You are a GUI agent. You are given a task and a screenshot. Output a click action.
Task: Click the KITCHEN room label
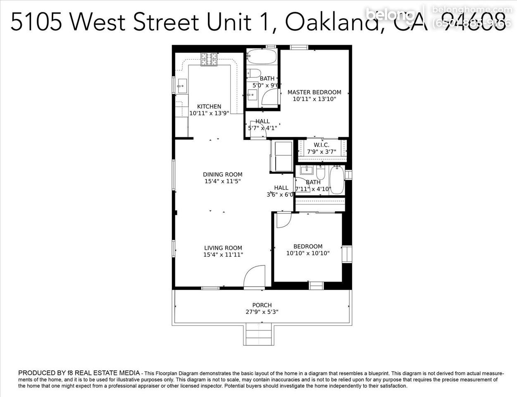coord(209,106)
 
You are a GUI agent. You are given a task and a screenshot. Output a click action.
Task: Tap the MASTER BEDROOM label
coord(314,92)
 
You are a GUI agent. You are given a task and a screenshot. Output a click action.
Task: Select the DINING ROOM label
coord(222,175)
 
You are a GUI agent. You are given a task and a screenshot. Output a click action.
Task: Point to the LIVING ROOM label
coord(223,248)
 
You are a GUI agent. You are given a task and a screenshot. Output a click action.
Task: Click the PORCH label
coord(262,305)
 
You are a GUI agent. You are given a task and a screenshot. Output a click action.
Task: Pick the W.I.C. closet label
coord(321,145)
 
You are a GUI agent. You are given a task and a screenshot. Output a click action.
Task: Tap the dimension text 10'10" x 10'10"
coord(308,253)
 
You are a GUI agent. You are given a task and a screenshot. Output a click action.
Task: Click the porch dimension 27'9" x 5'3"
coord(262,312)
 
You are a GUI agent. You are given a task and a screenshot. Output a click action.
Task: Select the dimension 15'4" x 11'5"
coord(222,181)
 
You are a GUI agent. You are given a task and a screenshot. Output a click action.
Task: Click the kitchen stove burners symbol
coord(209,59)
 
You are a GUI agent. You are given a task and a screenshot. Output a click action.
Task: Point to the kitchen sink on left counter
coord(181,87)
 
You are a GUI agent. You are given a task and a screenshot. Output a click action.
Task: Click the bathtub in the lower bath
coord(337,180)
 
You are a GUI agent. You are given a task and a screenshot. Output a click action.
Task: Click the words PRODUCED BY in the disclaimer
coord(41,373)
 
